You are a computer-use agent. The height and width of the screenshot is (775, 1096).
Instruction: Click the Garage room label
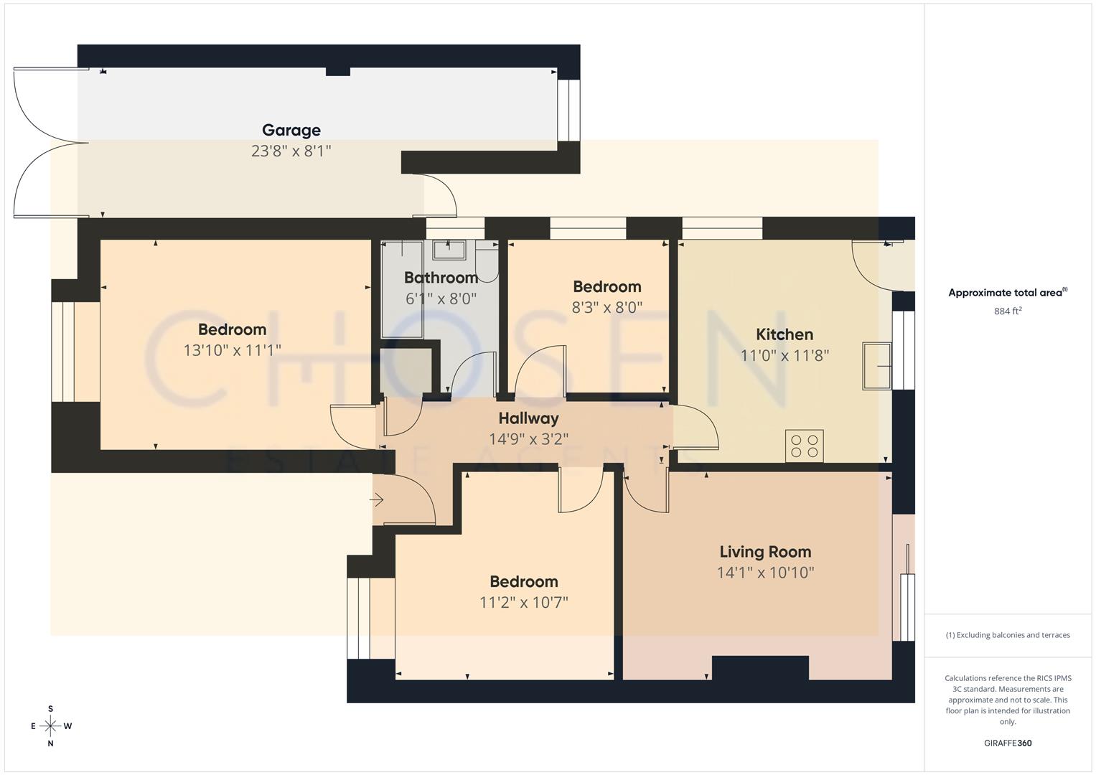point(291,130)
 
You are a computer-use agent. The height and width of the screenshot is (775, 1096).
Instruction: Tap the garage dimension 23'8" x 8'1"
point(291,151)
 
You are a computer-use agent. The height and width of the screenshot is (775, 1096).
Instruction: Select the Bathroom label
point(441,278)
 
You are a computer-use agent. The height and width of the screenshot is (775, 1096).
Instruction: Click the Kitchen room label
point(784,334)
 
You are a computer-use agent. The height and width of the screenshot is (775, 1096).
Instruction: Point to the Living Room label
point(765,552)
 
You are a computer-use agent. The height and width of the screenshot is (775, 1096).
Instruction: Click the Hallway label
point(528,418)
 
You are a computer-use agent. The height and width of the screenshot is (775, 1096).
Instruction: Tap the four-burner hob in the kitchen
point(804,446)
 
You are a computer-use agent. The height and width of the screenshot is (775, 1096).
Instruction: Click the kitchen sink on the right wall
point(877,366)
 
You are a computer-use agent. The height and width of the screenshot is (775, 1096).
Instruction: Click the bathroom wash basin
point(449,250)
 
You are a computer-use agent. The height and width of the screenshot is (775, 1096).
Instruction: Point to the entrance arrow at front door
point(378,500)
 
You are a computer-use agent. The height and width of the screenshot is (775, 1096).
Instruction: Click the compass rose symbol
point(50,726)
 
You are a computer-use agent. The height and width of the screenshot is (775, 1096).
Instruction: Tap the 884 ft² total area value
point(1008,311)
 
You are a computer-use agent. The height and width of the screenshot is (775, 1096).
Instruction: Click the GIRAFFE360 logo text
point(1008,743)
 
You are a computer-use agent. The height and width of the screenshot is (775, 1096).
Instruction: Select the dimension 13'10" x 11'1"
point(232,350)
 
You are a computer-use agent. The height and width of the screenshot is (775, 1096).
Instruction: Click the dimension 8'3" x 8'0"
point(606,307)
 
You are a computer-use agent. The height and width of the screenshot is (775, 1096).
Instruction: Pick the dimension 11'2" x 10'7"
point(523,602)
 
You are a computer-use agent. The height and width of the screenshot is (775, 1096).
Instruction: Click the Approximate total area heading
point(1008,293)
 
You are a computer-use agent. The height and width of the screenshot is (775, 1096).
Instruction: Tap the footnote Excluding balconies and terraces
point(1008,635)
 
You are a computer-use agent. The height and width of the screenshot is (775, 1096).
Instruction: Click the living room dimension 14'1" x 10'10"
point(765,573)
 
